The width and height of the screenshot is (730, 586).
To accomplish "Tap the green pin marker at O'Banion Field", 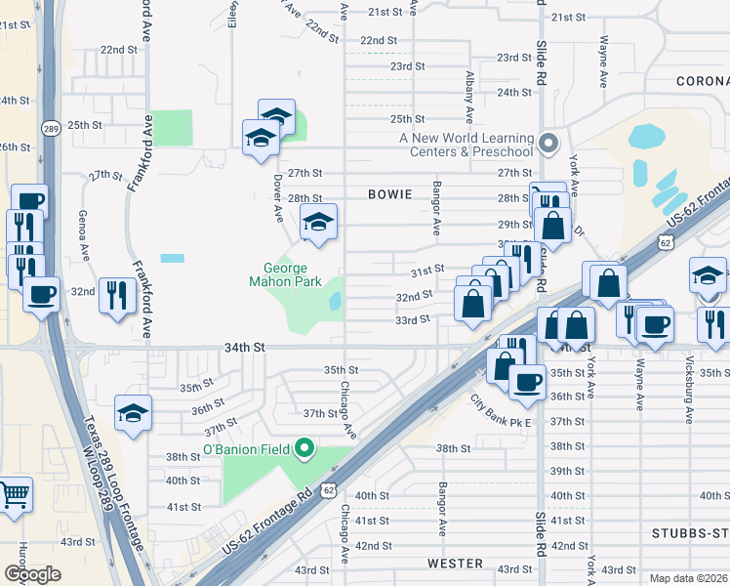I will pos(304,449).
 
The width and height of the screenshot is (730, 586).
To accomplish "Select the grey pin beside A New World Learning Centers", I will pos(548,144).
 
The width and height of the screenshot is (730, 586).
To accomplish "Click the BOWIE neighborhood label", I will pos(391,194).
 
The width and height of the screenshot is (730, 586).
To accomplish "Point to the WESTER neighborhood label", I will pos(455,564).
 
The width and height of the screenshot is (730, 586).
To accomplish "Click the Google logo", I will pos(32,574).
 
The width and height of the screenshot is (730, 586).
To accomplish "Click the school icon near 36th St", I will pos(133,413).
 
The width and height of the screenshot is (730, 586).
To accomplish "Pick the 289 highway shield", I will pos(52,127).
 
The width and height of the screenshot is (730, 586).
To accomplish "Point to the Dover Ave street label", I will pos(278,196).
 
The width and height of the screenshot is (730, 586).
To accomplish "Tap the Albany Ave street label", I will pos(469,89).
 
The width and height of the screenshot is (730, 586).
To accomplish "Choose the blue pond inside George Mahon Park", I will pos(336,302).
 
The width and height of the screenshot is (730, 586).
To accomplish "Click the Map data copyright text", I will pos(688,578).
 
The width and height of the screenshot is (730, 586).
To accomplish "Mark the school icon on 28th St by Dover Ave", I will pos(318,225).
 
